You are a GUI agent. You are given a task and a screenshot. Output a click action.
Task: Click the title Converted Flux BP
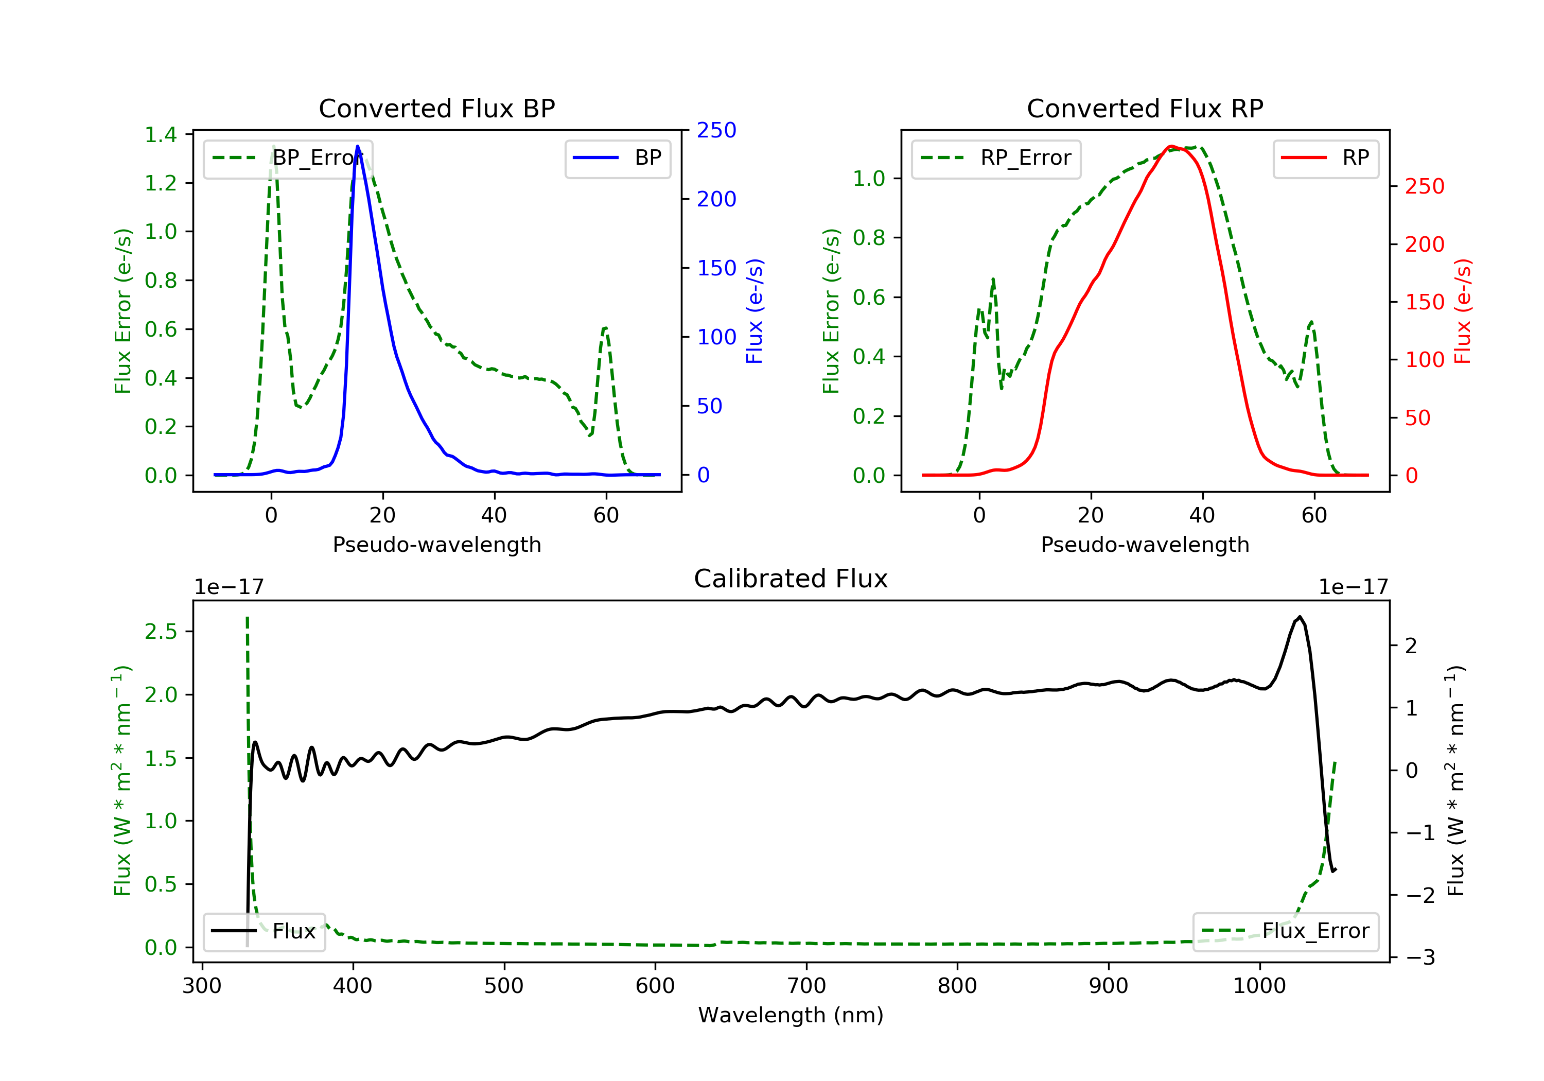[437, 108]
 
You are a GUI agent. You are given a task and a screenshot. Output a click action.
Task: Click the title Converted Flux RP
[1145, 108]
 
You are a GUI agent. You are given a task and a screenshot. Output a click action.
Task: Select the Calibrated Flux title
[791, 579]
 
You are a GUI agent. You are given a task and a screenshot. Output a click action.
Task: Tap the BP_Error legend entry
[288, 158]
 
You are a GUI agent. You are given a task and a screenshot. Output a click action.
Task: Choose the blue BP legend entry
[617, 158]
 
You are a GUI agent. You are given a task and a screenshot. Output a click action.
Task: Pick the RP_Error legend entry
[996, 158]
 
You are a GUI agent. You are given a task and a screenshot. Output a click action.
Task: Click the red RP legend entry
[1325, 158]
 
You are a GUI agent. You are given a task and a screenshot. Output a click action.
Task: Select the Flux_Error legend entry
[1285, 931]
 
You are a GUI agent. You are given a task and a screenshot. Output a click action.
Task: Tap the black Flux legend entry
[264, 931]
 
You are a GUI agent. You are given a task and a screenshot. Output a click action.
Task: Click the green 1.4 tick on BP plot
[161, 134]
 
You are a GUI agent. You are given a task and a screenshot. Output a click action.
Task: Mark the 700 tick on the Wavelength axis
[806, 985]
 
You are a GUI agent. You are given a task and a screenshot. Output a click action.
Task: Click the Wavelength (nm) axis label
[791, 1015]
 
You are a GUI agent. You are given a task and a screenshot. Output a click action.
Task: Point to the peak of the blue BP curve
[358, 146]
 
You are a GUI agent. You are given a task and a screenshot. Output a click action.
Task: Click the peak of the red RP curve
[1171, 146]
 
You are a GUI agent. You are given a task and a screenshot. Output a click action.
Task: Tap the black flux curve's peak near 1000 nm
[1299, 617]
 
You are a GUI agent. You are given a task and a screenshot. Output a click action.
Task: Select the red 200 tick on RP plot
[1424, 244]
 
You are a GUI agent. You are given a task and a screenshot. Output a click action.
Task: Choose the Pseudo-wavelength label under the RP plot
[1145, 544]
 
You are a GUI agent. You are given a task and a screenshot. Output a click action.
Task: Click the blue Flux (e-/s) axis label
[755, 311]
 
